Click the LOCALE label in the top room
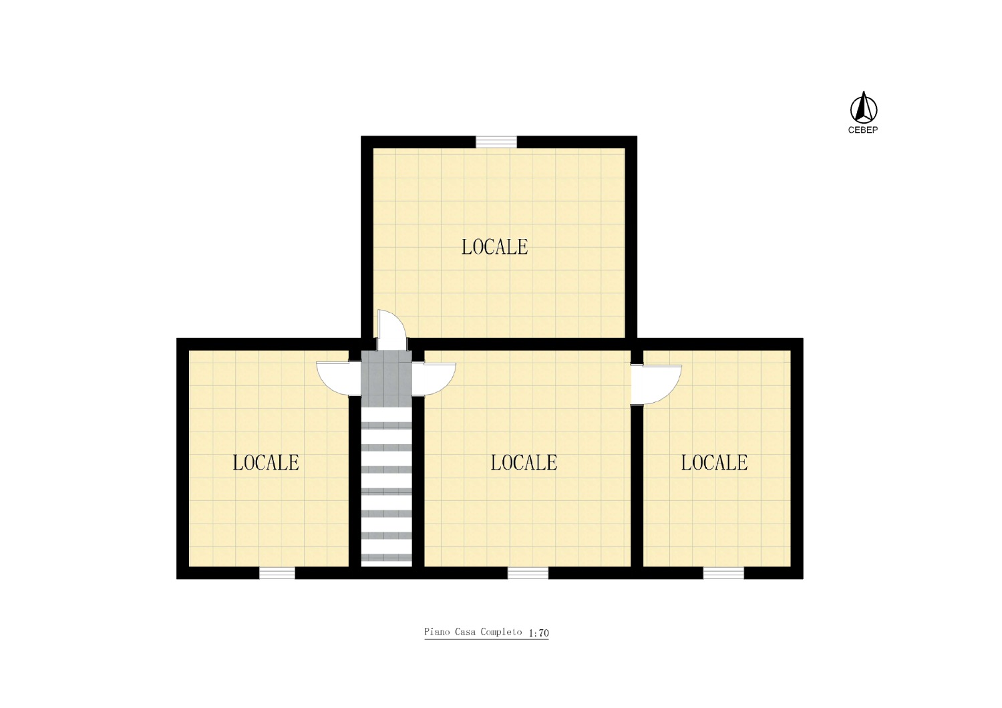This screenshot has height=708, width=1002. click(x=495, y=247)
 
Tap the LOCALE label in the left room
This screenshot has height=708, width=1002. click(x=266, y=462)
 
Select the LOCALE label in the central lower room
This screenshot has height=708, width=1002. click(x=524, y=462)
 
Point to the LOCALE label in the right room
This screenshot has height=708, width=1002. click(x=714, y=462)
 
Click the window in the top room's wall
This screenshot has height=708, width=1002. click(x=496, y=142)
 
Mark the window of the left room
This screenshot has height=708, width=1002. click(x=277, y=573)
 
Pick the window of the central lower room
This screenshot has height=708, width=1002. click(x=528, y=573)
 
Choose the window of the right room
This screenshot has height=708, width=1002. click(x=723, y=573)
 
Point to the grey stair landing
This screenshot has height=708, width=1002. click(x=386, y=379)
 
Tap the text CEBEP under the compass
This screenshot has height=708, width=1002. click(x=863, y=130)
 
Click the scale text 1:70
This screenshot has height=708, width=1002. click(x=538, y=633)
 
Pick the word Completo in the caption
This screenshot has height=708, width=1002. click(x=501, y=633)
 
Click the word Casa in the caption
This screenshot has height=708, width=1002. click(x=465, y=632)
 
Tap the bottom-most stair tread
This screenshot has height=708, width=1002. click(x=386, y=557)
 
